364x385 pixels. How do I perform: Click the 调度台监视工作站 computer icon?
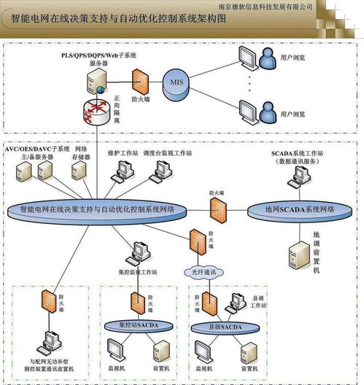160,170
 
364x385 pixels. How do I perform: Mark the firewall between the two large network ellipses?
217,209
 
